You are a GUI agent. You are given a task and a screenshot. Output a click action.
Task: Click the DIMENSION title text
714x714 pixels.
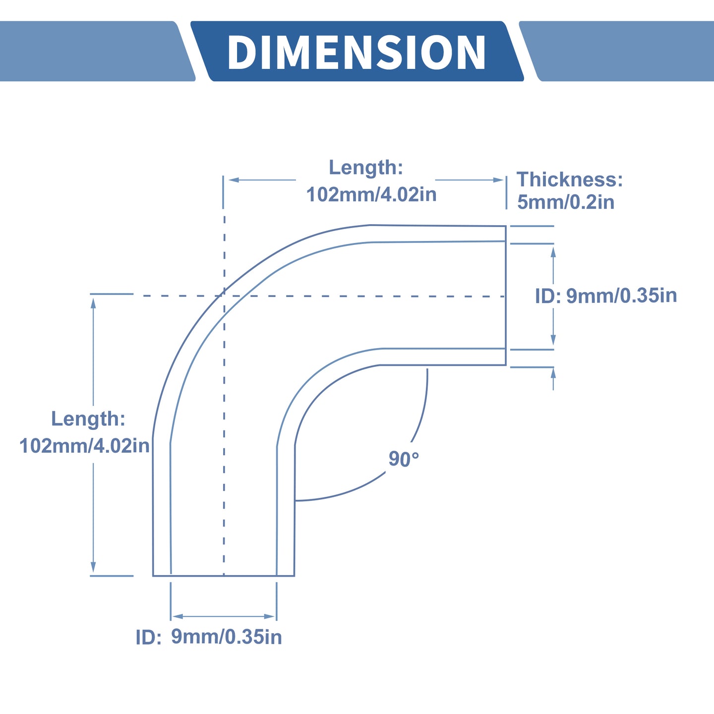tap(357, 52)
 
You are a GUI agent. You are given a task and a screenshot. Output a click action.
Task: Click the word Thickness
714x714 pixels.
tap(569, 179)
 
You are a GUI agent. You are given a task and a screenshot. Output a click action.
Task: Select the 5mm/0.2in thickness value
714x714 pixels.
tap(565, 202)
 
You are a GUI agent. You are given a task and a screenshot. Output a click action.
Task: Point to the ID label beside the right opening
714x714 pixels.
tap(547, 297)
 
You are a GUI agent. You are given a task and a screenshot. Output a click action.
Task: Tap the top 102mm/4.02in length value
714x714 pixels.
tap(371, 194)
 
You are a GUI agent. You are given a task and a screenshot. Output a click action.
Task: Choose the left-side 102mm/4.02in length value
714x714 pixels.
tap(84, 446)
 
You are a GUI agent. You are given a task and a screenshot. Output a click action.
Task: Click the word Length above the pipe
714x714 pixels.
tap(366, 168)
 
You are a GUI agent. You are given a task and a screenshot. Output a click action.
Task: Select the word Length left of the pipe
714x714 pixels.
tap(88, 418)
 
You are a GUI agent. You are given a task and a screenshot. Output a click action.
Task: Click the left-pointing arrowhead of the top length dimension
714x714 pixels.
tap(234, 180)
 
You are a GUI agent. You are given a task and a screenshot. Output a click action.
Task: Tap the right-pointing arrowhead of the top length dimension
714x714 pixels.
tap(498, 180)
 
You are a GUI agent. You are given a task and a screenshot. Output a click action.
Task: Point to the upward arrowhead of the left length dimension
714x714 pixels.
tap(93, 304)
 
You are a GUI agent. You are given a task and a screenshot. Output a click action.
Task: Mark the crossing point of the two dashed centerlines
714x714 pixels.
tap(224, 296)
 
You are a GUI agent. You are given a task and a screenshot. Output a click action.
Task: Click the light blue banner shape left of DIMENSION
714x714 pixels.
tap(97, 51)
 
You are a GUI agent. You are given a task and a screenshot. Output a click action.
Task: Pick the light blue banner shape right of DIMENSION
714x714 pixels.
tap(616, 51)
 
